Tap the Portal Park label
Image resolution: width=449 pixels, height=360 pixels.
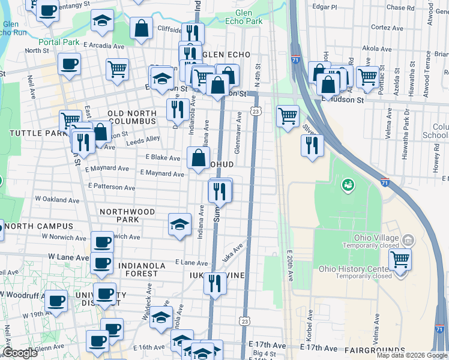point(59,42)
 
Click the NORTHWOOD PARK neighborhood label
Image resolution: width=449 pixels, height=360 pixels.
point(127,215)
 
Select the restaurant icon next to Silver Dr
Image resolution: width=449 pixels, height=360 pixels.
point(312,146)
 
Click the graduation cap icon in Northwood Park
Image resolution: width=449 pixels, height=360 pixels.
point(179,225)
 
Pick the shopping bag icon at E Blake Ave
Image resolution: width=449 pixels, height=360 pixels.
point(198,158)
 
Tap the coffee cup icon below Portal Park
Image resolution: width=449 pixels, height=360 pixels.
point(70,64)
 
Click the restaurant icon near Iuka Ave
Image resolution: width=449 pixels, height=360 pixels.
point(215,283)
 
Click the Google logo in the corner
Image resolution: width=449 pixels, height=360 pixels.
point(20,353)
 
